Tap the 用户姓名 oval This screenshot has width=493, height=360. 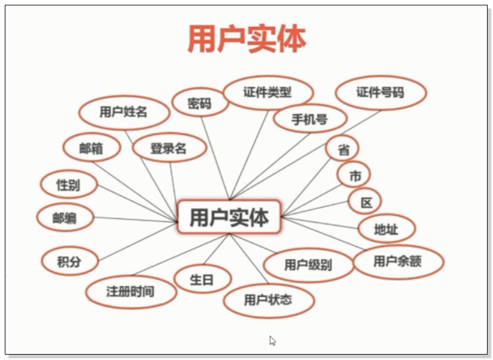tap(124, 112)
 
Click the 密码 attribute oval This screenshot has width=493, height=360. tap(200, 103)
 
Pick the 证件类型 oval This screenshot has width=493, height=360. tap(267, 93)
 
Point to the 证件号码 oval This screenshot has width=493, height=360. tap(381, 93)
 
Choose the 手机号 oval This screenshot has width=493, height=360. tap(309, 119)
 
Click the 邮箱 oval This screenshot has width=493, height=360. tap(92, 148)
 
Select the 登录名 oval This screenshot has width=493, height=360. tap(169, 148)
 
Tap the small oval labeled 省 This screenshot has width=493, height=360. tap(343, 150)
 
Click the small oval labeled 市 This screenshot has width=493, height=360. tap(354, 176)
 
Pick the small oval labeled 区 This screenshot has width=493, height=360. tap(365, 202)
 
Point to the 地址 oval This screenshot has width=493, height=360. tap(386, 228)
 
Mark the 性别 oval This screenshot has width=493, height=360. tap(68, 185)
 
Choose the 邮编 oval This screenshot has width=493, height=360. tap(65, 218)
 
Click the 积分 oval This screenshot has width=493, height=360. tap(69, 261)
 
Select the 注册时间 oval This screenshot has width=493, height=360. tap(131, 292)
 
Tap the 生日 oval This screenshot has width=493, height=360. tap(202, 280)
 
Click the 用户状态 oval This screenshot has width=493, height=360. tap(269, 300)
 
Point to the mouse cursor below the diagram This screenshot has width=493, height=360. tap(272, 340)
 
